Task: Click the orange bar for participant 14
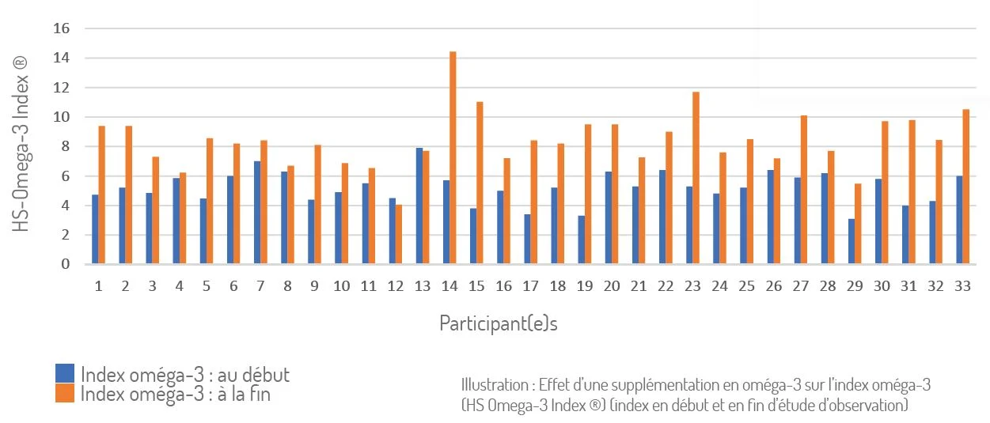click(453, 158)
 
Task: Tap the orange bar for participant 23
click(696, 178)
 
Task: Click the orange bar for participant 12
click(399, 234)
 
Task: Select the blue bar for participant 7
click(257, 213)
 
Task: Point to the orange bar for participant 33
click(965, 187)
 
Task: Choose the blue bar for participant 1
click(95, 229)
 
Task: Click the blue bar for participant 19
click(582, 240)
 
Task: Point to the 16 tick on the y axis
click(62, 28)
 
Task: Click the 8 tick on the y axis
click(66, 146)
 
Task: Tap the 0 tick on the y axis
click(66, 264)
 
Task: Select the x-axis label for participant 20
click(611, 286)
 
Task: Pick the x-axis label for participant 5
click(207, 286)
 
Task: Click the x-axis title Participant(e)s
click(499, 324)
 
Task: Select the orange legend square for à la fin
click(65, 392)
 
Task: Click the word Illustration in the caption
click(494, 385)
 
